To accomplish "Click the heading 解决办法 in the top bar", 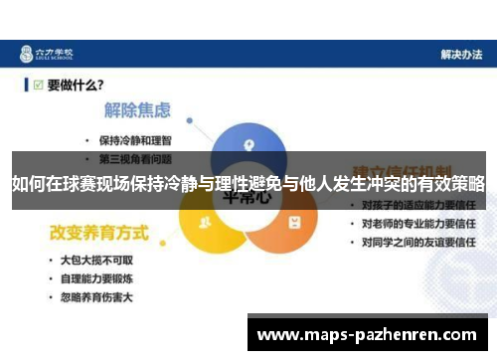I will [460, 54].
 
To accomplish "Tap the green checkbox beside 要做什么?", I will [38, 86].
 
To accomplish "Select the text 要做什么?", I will [77, 86].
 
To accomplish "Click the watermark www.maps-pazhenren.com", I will [367, 334].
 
